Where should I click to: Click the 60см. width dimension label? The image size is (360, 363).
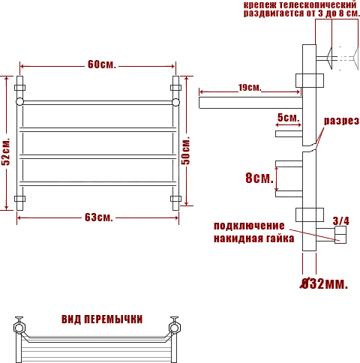pos(102,64)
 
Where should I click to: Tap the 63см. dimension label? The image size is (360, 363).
pos(99,217)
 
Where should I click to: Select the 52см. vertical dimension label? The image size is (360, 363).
pos(6,151)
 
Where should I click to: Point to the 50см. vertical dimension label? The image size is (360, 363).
pos(186,151)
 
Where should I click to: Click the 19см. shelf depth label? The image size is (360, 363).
pos(250,88)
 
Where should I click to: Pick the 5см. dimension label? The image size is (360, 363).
pos(288,118)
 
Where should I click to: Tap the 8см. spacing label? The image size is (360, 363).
pos(259,178)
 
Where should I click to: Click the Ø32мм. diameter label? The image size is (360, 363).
pos(324,283)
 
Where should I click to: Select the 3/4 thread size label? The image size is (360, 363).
pos(340,221)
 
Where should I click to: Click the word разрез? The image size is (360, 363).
pos(341,121)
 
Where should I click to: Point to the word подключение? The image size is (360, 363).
pos(249,226)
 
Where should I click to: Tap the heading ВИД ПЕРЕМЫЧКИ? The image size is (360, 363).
pos(102,319)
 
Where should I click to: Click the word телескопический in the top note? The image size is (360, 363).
pos(318,4)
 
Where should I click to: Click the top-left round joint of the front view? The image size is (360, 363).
pos(19,102)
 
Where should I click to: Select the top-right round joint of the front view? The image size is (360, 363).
pos(175,102)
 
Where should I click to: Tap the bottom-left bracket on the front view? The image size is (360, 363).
pos(19,199)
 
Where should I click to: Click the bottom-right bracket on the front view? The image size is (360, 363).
pos(175,199)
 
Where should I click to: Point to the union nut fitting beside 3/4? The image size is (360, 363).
pos(340,235)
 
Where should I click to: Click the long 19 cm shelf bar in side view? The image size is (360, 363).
pos(250,103)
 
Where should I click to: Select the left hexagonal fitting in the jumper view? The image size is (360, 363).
pos(19,328)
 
